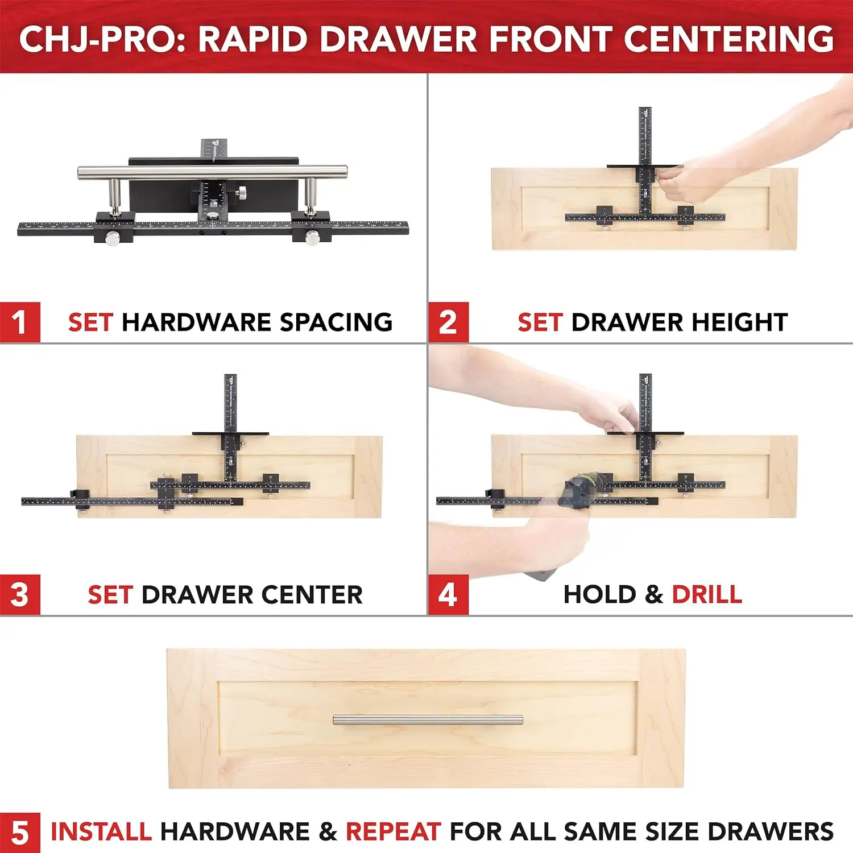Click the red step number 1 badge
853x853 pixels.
click(x=20, y=322)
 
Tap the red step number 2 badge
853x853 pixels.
click(x=448, y=322)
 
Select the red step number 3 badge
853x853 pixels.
click(x=20, y=595)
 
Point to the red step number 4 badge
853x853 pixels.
click(x=448, y=595)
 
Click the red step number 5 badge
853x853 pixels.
click(x=20, y=833)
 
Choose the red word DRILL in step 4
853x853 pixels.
click(x=707, y=595)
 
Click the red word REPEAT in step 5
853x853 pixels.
click(x=393, y=832)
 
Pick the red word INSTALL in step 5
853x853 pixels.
click(x=101, y=832)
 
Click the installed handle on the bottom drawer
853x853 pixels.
click(x=428, y=720)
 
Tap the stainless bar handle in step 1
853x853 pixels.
click(x=212, y=172)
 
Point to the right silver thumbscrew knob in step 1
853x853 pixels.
click(x=312, y=238)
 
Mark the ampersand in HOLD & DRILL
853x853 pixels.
click(x=654, y=595)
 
